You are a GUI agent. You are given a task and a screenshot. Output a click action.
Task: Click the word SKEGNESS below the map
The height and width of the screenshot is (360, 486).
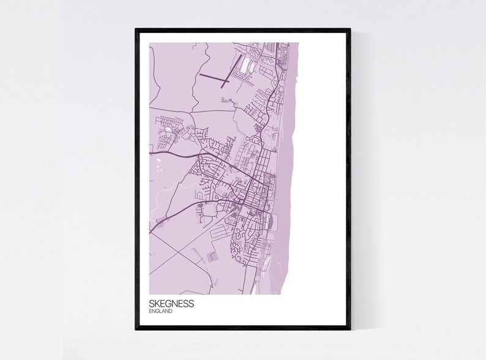pyautogui.click(x=171, y=304)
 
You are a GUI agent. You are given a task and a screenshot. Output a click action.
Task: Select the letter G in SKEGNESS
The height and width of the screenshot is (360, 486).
pyautogui.click(x=167, y=304)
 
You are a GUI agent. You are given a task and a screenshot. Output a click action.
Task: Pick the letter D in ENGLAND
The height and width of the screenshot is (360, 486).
pyautogui.click(x=171, y=312)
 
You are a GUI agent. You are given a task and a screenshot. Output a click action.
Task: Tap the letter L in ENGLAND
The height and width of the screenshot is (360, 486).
pyautogui.click(x=161, y=312)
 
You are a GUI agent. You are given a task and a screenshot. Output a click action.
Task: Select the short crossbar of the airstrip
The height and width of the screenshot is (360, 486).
pyautogui.click(x=225, y=82)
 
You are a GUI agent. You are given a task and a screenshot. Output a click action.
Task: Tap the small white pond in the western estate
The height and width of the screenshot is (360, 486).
pyautogui.click(x=166, y=130)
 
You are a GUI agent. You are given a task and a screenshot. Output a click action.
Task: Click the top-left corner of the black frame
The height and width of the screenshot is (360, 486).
pyautogui.click(x=136, y=29)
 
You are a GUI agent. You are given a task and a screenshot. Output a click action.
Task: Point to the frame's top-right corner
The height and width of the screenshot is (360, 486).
pyautogui.click(x=350, y=29)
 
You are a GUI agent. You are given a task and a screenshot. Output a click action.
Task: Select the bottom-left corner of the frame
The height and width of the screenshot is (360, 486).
pyautogui.click(x=136, y=329)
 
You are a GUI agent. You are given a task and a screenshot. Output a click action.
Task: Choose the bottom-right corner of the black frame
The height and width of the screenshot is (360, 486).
pyautogui.click(x=350, y=329)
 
